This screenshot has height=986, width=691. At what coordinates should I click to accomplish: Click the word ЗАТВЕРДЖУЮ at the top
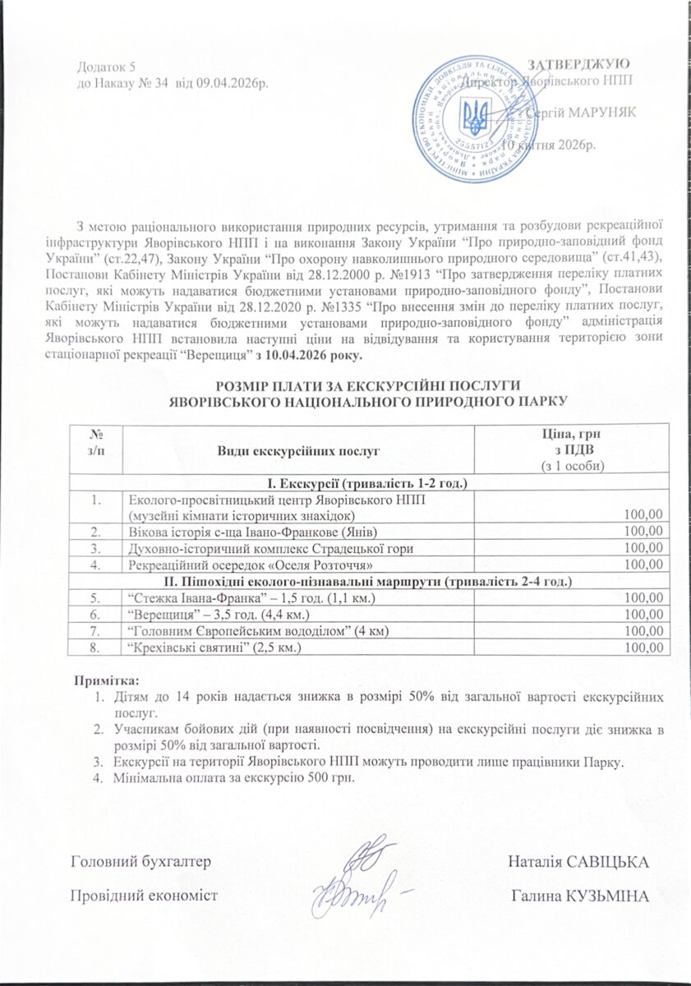[578, 64]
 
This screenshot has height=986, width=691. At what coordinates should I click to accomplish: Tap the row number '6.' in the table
[96, 614]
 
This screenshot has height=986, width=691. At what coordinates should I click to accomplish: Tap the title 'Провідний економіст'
[145, 895]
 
